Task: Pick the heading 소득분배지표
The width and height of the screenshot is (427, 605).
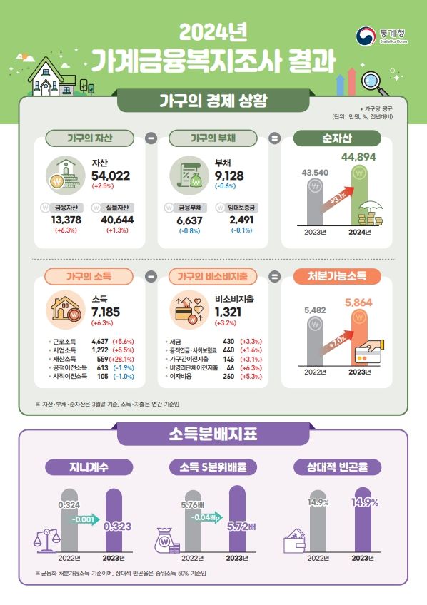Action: pyautogui.click(x=213, y=433)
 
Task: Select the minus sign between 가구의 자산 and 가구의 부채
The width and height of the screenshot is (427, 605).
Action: pyautogui.click(x=151, y=138)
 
